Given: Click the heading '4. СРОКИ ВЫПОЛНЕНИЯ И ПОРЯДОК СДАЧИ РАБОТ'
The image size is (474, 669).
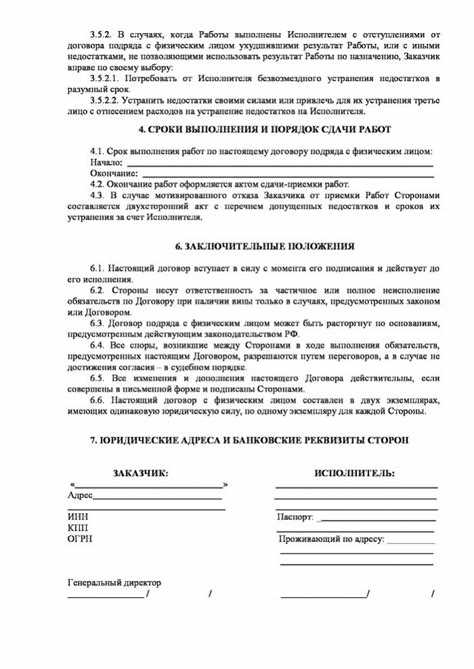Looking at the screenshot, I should click(x=236, y=130).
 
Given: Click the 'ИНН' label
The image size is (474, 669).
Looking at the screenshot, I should click(x=77, y=516).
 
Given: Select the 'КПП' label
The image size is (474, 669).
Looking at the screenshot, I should click(x=77, y=527).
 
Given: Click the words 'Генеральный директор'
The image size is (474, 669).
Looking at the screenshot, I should click(x=114, y=582).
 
